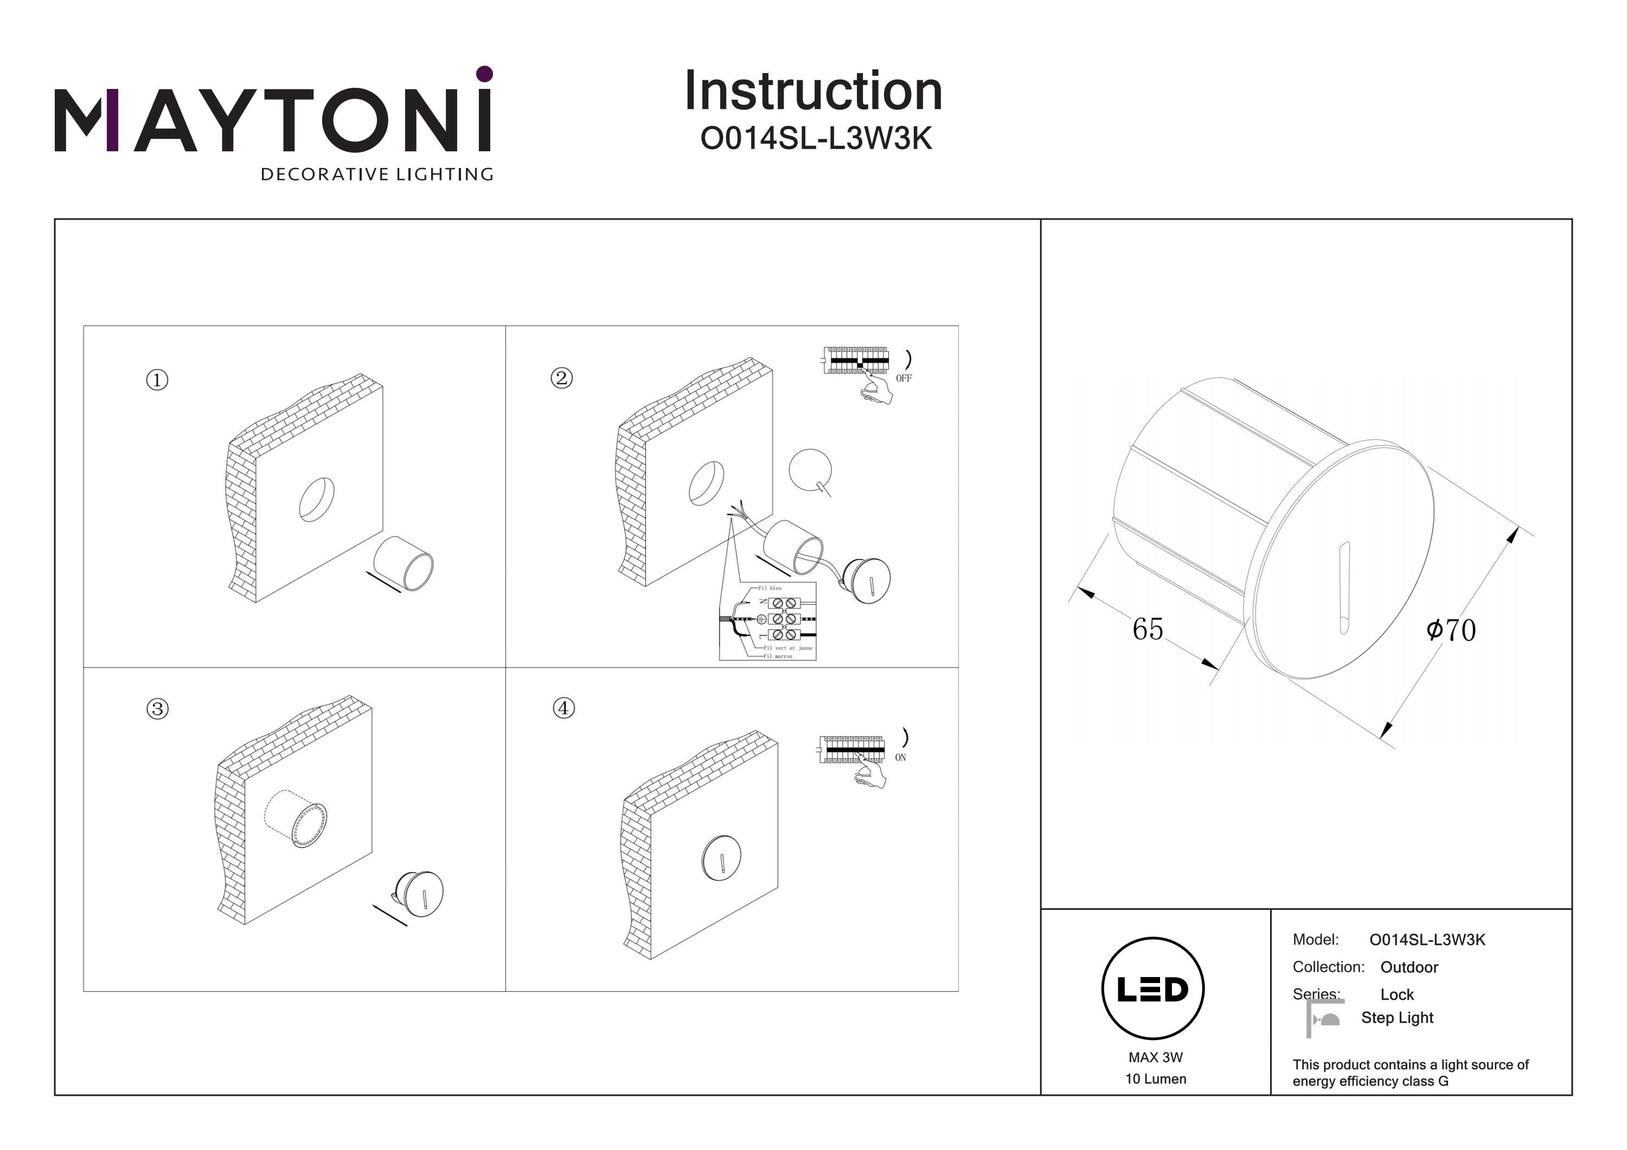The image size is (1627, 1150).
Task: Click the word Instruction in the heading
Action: click(813, 92)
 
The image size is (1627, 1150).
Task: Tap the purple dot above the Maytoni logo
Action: click(485, 74)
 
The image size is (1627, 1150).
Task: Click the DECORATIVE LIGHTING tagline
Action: click(376, 174)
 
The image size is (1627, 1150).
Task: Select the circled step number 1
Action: click(157, 380)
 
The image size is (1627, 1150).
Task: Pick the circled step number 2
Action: click(562, 378)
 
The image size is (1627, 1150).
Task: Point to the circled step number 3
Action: click(157, 709)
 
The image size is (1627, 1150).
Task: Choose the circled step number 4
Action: click(563, 707)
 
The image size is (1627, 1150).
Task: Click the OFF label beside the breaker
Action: click(904, 378)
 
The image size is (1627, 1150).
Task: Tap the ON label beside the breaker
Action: click(900, 757)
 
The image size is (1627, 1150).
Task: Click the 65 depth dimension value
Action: click(1147, 629)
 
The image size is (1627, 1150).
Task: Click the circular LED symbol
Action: click(1152, 988)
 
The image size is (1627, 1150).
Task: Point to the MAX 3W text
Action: click(1155, 1057)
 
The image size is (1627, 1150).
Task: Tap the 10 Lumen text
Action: click(1155, 1079)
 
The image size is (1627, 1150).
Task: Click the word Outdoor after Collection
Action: click(1409, 967)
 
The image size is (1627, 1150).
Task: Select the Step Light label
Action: click(1397, 1018)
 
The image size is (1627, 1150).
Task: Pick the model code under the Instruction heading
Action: click(816, 139)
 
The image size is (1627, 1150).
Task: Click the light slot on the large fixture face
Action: click(1343, 588)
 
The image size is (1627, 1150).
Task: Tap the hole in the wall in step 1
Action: click(317, 499)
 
